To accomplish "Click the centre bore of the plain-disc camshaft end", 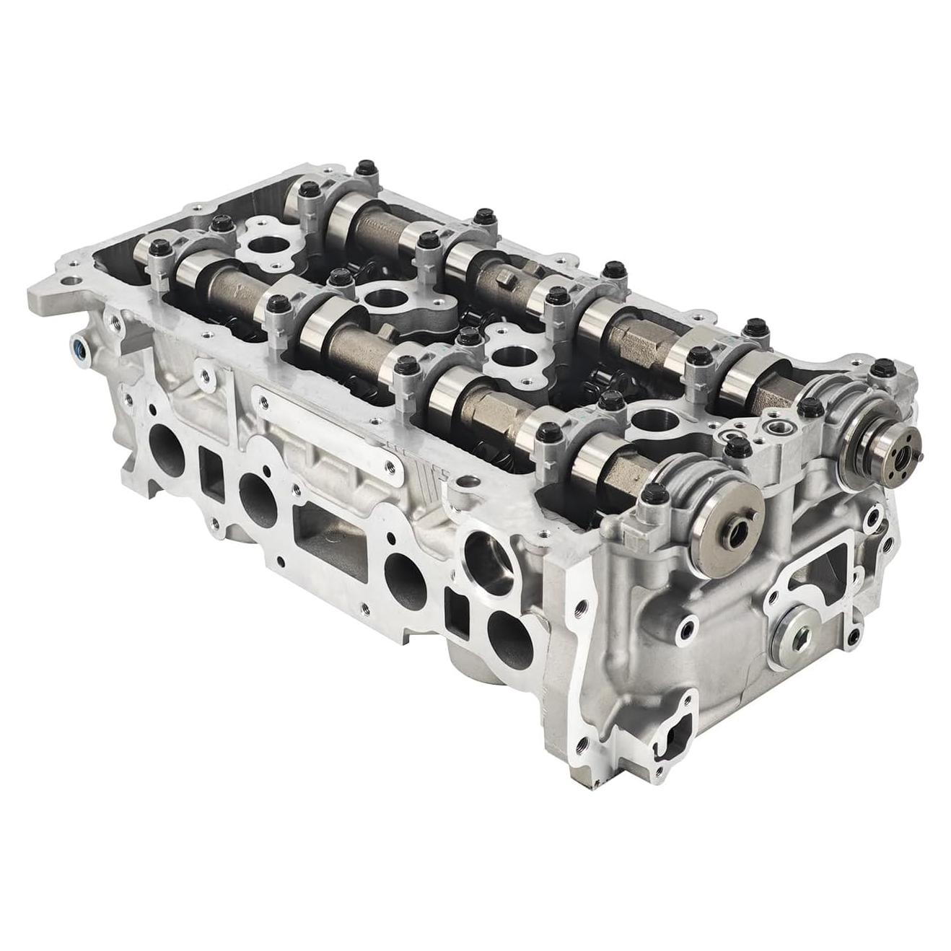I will tap(737, 535).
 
